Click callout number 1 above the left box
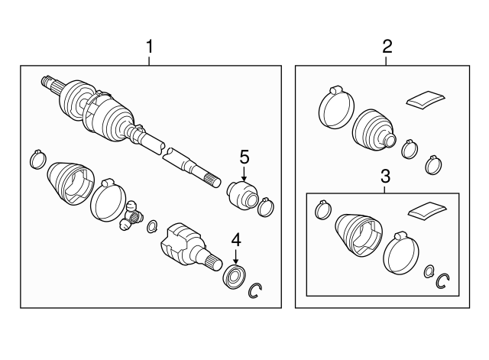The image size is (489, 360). pyautogui.click(x=150, y=47)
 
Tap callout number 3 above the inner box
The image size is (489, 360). pyautogui.click(x=385, y=177)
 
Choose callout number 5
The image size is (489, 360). pyautogui.click(x=244, y=157)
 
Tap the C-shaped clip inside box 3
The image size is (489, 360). pyautogui.click(x=442, y=282)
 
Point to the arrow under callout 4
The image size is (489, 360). pyautogui.click(x=236, y=258)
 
